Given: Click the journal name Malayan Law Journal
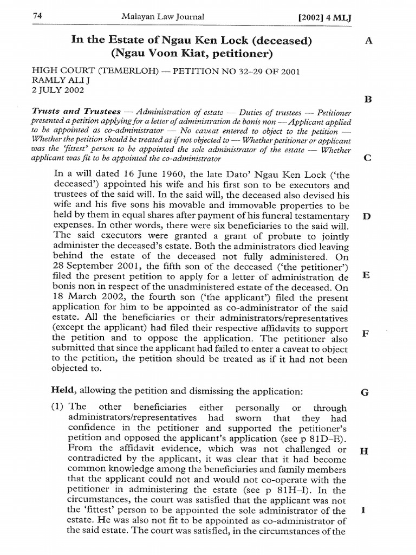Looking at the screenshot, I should click(163, 17).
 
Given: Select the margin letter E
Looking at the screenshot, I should click(367, 275).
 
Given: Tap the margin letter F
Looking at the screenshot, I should click(366, 333).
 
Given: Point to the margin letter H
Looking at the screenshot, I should click(364, 450).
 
